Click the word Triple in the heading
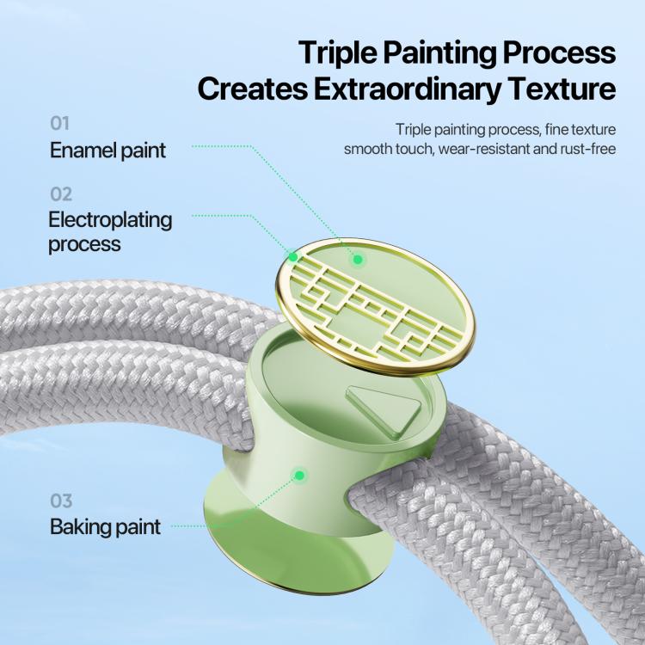pyautogui.click(x=337, y=53)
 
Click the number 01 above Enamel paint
pyautogui.click(x=59, y=123)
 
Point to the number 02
pyautogui.click(x=61, y=194)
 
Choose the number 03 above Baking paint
pyautogui.click(x=61, y=501)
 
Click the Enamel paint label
pyautogui.click(x=107, y=150)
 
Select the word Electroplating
pyautogui.click(x=110, y=219)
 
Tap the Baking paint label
pyautogui.click(x=105, y=527)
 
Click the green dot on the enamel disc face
pyautogui.click(x=358, y=259)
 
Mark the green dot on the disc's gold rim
pyautogui.click(x=293, y=257)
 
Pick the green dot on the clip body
pyautogui.click(x=300, y=476)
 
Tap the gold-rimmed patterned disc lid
pyautogui.click(x=375, y=307)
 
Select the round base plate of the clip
pyautogui.click(x=297, y=543)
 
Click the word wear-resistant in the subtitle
pyautogui.click(x=483, y=149)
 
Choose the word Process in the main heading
pyautogui.click(x=559, y=52)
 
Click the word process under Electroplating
pyautogui.click(x=85, y=245)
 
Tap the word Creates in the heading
pyautogui.click(x=253, y=89)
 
